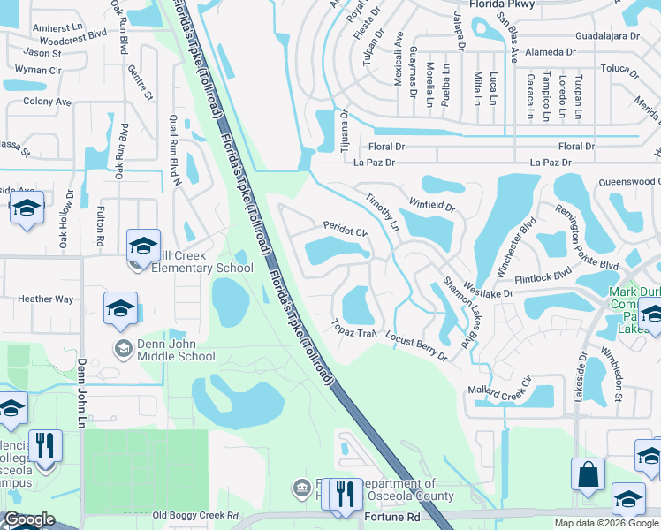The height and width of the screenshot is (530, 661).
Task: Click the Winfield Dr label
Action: click(x=430, y=204)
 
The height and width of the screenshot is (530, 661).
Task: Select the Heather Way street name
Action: click(x=46, y=299)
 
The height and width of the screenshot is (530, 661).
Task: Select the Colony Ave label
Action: click(x=47, y=102)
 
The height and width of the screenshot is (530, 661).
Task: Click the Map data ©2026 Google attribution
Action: click(x=605, y=523)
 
